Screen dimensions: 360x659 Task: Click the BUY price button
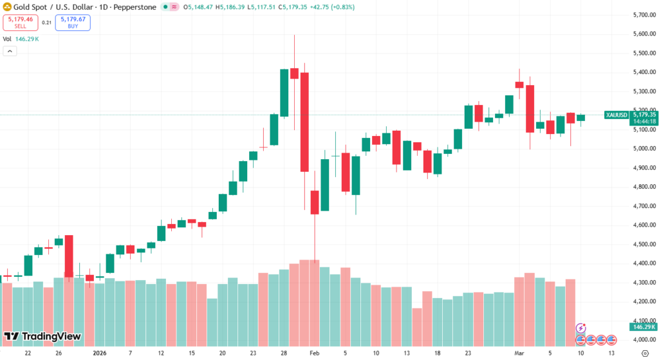73,23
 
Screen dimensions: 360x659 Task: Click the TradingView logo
42,336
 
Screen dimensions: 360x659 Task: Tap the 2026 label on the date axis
99,354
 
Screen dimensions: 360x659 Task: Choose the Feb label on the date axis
315,354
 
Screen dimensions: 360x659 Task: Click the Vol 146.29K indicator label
21,39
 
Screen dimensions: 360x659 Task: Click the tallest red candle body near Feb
304,122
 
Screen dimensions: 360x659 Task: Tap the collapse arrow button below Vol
9,51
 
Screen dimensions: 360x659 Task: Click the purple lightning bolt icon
581,328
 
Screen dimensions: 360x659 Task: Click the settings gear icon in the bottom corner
645,354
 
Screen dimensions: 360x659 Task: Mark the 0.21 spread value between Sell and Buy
46,23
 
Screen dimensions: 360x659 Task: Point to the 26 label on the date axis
58,354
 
